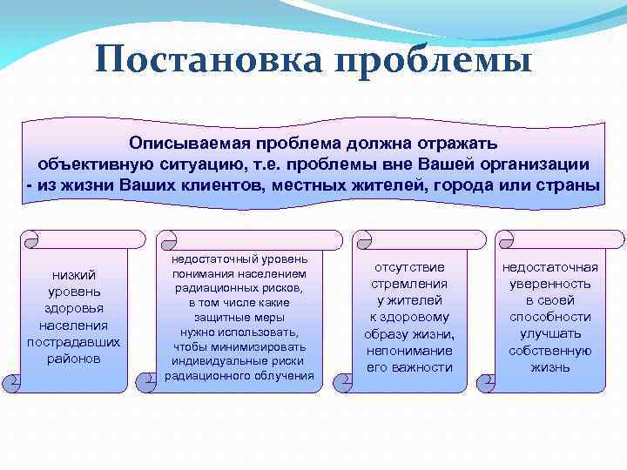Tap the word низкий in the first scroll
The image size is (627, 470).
click(x=74, y=276)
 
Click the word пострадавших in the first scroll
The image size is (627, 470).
click(x=74, y=342)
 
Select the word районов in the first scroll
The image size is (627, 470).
click(x=74, y=359)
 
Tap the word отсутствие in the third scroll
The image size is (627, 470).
click(x=408, y=267)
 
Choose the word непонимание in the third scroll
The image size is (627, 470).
click(x=408, y=351)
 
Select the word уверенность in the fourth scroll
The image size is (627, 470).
click(x=549, y=284)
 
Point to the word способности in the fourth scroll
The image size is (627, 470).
click(x=549, y=317)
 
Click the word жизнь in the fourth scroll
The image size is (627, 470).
click(x=549, y=367)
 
